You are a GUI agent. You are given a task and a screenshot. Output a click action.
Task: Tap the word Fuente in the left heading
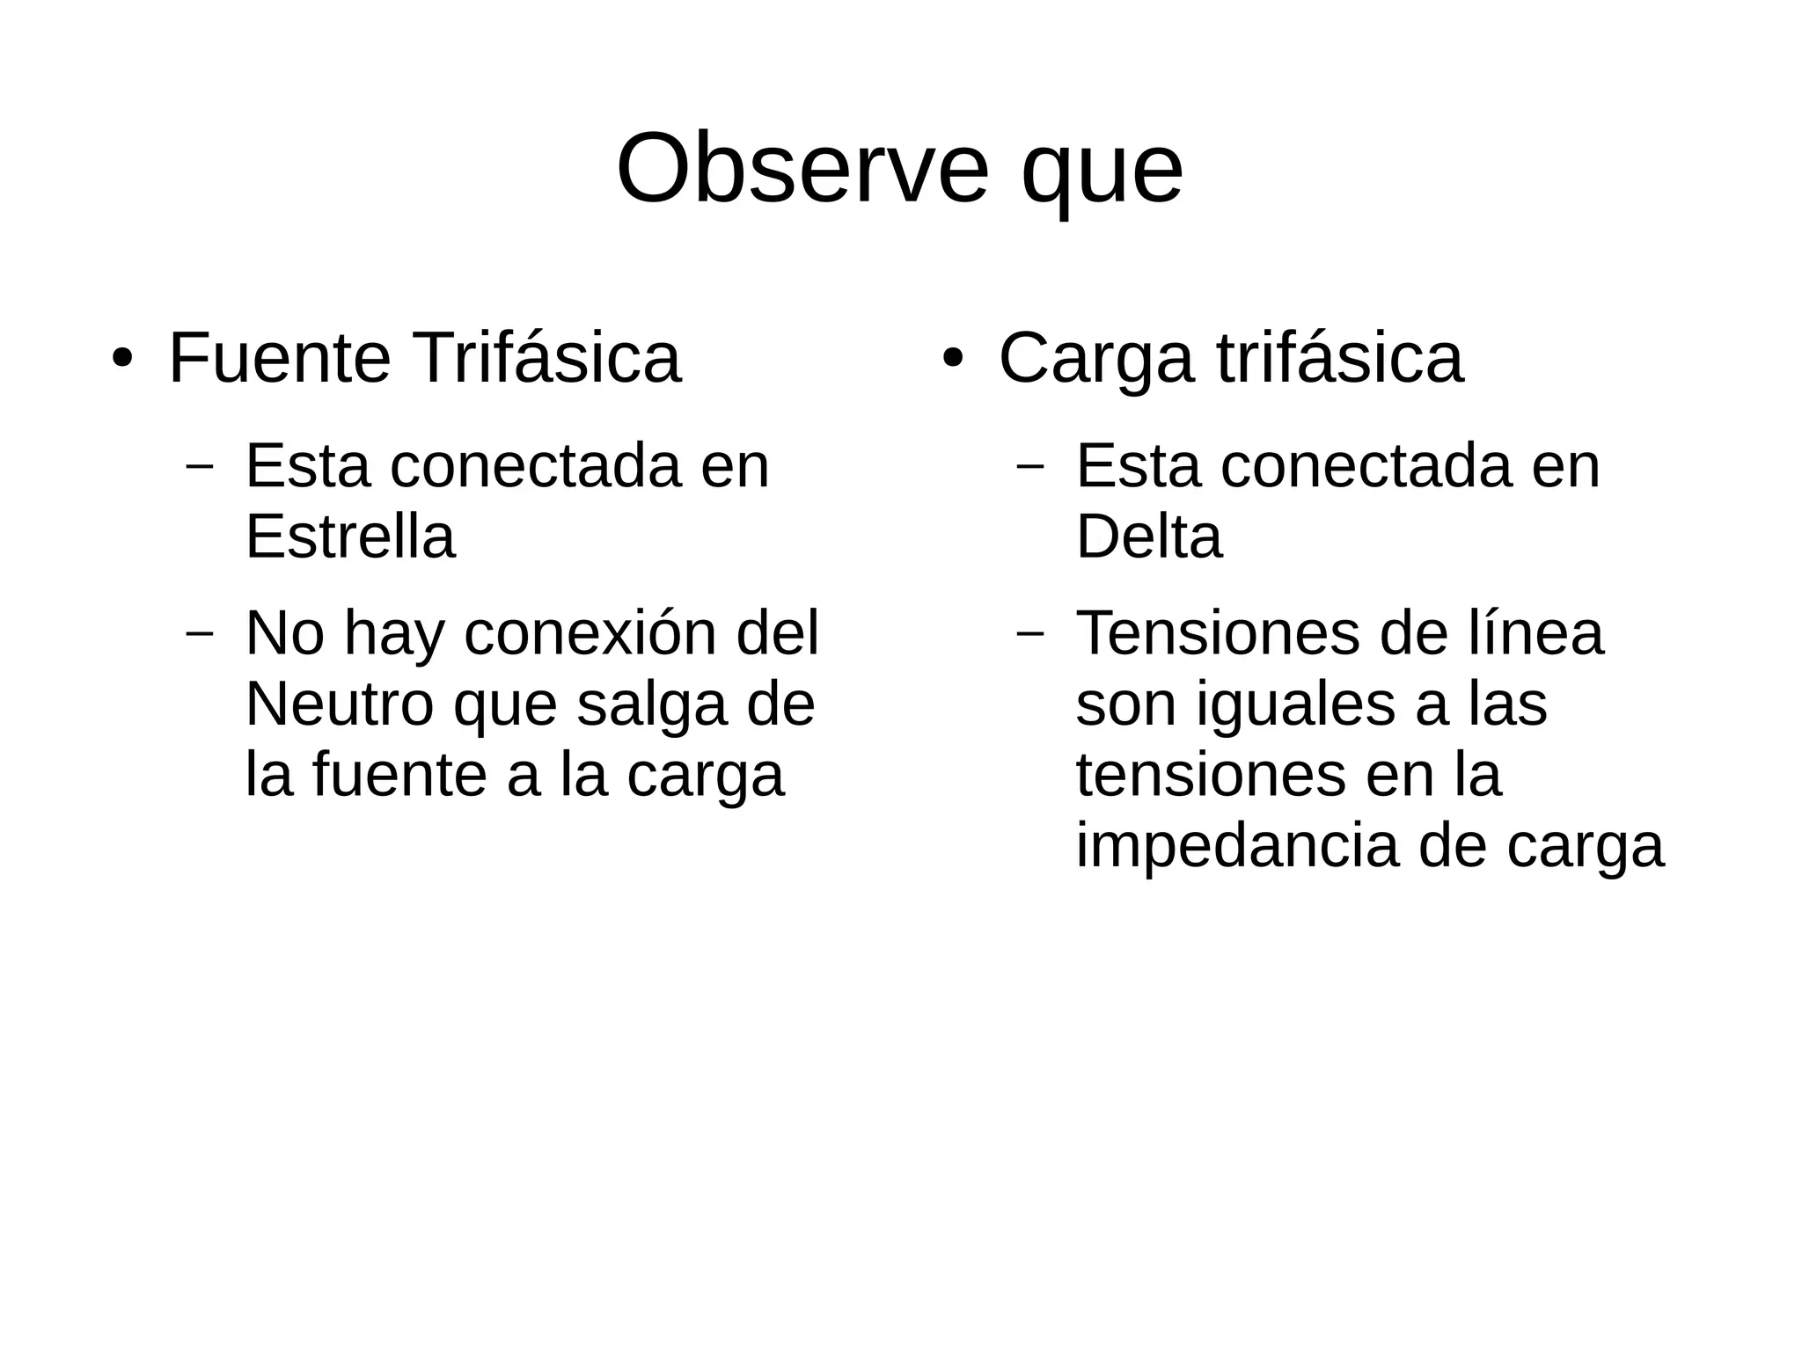(x=280, y=358)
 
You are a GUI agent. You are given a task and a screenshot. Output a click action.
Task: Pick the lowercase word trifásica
(x=1340, y=358)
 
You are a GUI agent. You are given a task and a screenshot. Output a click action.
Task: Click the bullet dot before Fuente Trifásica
(x=122, y=361)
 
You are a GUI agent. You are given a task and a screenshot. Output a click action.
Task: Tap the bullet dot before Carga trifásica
(x=953, y=361)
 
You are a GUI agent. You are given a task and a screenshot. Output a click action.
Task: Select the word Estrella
(x=350, y=536)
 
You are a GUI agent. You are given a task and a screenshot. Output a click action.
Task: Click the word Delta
(x=1149, y=536)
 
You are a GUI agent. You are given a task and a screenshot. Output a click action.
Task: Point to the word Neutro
(x=339, y=704)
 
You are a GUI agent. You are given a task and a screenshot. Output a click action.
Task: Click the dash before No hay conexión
(x=200, y=633)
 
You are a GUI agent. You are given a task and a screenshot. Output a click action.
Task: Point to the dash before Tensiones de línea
(x=1029, y=633)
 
